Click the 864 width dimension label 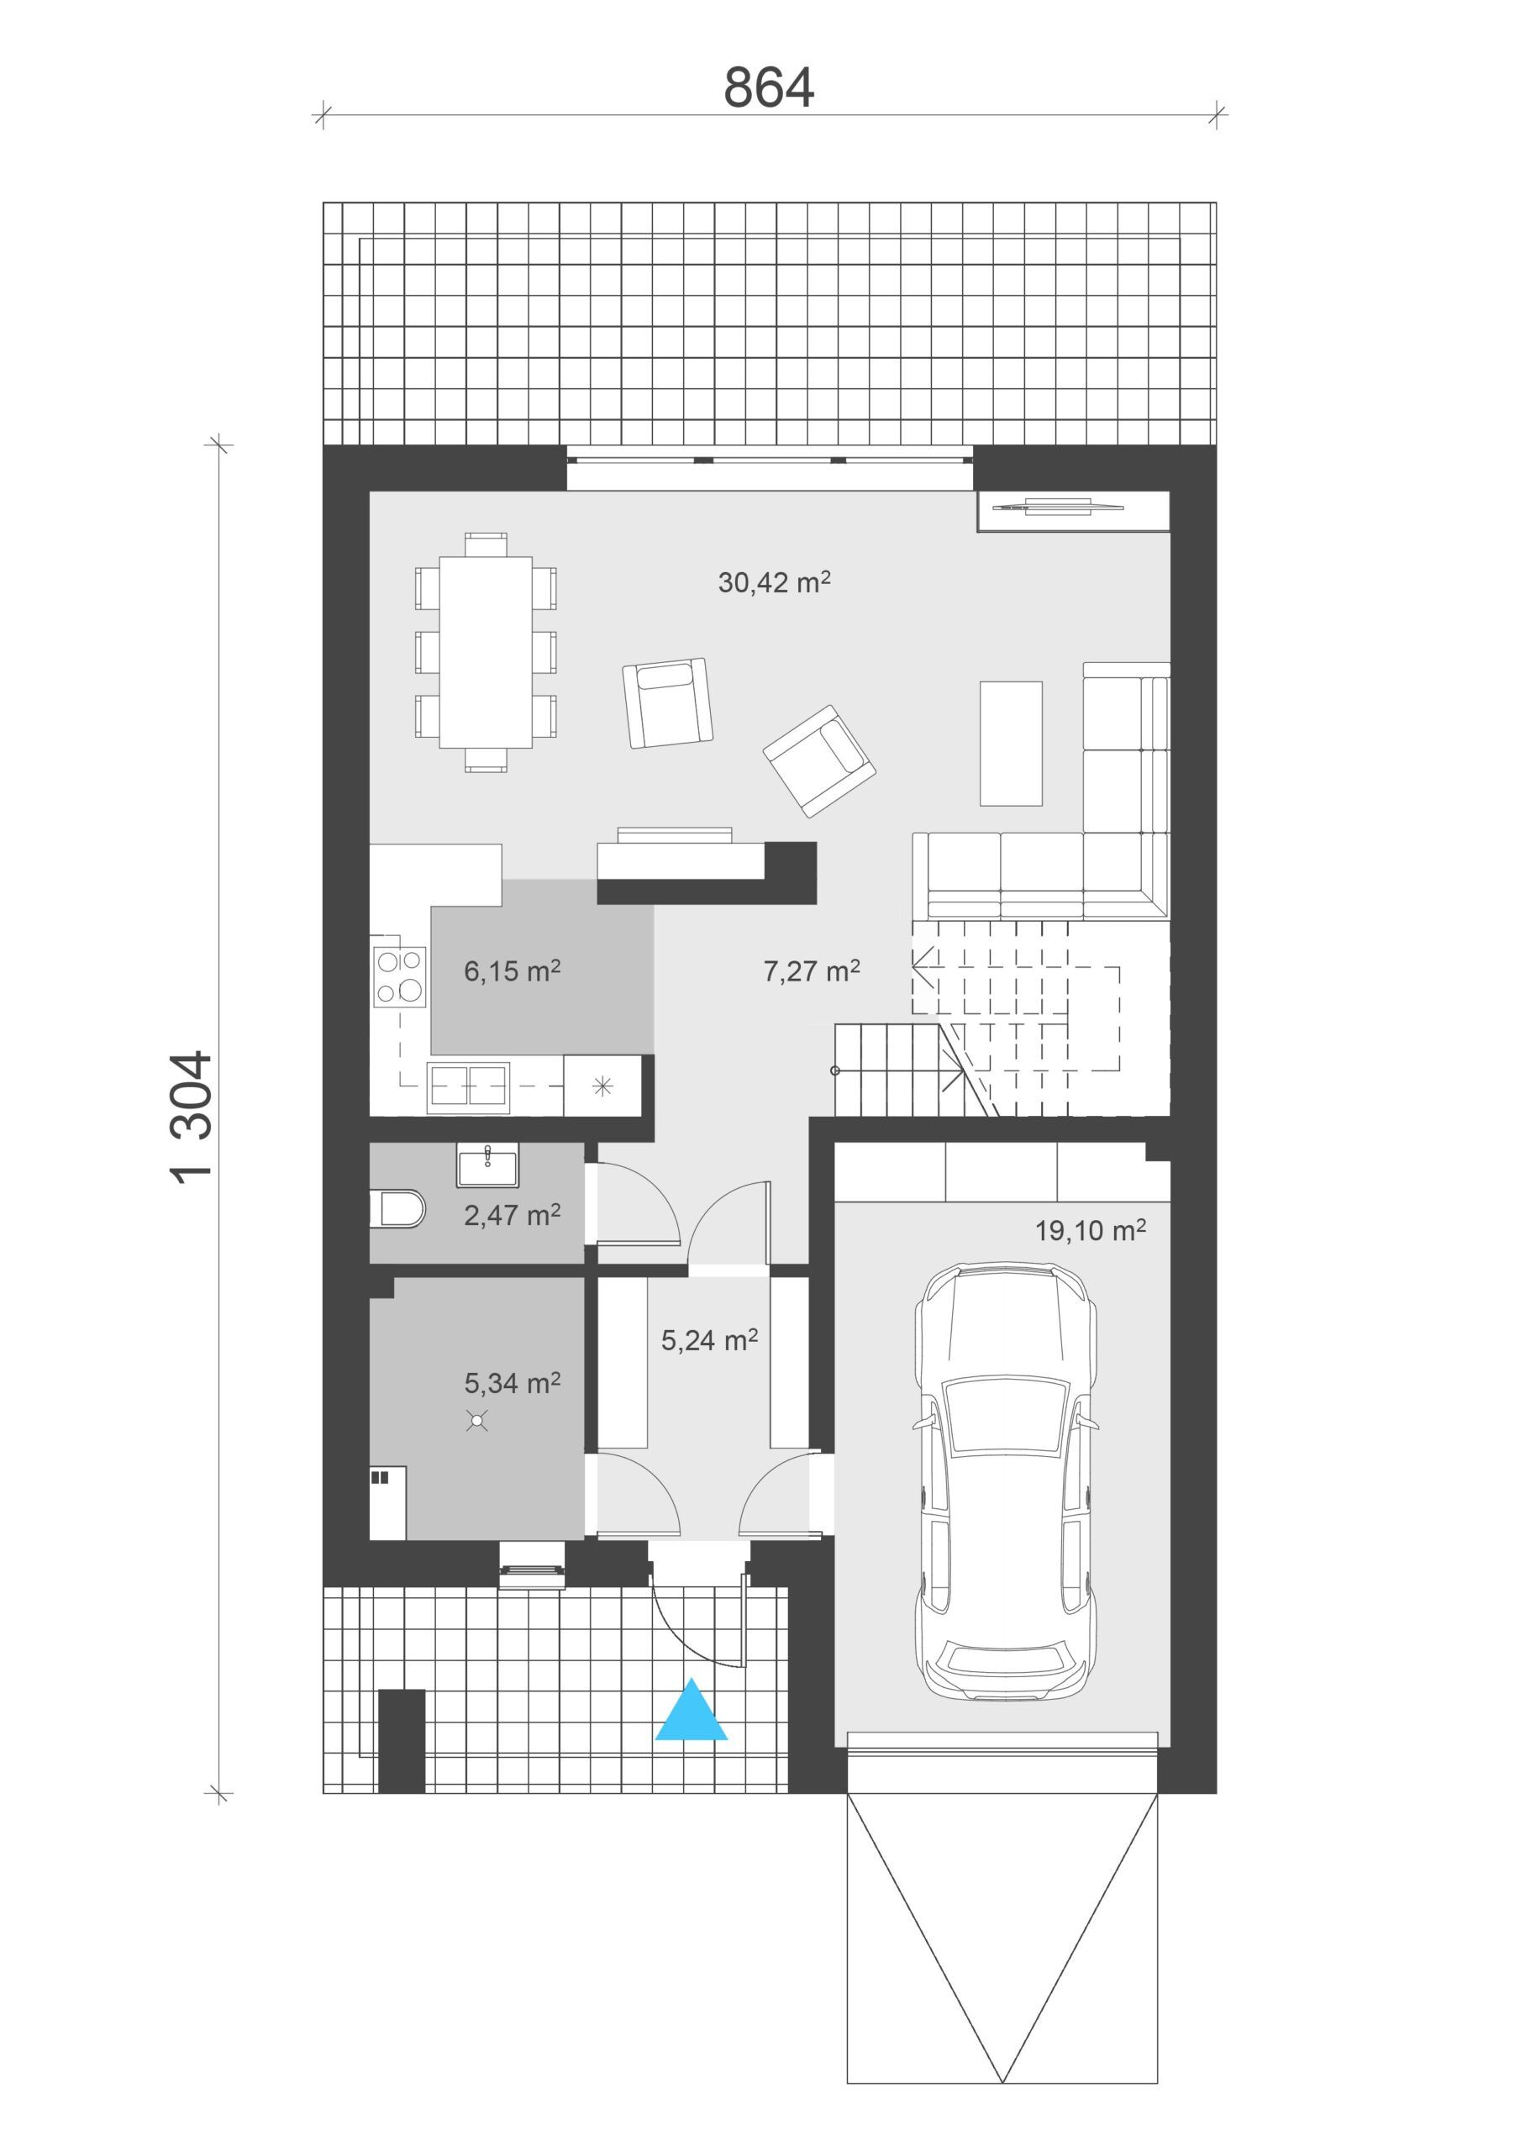pos(769,87)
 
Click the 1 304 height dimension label pos(192,1118)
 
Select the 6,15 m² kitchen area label pos(512,970)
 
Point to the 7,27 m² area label pos(812,970)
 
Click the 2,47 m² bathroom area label pos(512,1215)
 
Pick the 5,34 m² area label pos(512,1383)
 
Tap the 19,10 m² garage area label pos(1090,1230)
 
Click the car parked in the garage pos(1005,1481)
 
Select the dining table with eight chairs pos(486,652)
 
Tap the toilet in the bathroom pos(397,1208)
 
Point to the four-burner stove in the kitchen pos(399,976)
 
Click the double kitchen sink pos(468,1087)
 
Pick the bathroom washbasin pos(487,1165)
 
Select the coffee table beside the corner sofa pos(1010,743)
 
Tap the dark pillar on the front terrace pos(401,1741)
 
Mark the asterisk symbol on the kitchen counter pos(602,1086)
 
